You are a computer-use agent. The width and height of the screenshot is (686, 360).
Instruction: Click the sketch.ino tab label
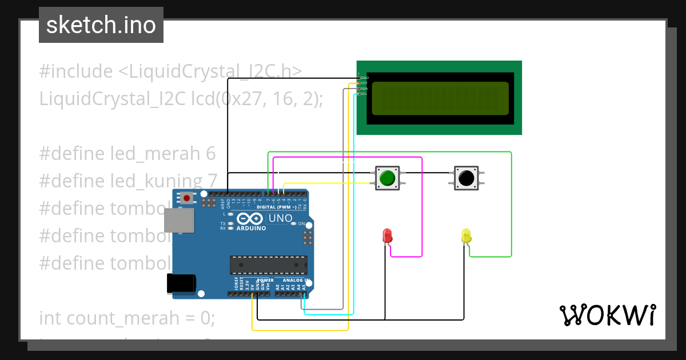(101, 25)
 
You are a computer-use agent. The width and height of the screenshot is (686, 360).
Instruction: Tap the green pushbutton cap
(387, 178)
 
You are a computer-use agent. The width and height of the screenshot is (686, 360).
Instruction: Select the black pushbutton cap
(466, 178)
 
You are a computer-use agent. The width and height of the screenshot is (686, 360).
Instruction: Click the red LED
(387, 235)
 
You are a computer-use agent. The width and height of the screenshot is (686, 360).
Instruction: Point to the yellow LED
(466, 235)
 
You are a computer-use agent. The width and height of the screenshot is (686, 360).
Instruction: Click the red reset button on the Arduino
(186, 198)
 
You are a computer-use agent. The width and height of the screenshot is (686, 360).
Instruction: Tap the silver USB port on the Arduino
(178, 220)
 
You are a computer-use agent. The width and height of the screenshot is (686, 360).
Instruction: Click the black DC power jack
(181, 283)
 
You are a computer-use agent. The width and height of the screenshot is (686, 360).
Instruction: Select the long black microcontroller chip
(268, 265)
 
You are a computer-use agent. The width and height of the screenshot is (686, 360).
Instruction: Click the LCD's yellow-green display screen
(440, 98)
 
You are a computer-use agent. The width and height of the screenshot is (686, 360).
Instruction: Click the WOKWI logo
(607, 315)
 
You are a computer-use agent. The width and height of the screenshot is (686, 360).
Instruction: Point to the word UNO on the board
(281, 218)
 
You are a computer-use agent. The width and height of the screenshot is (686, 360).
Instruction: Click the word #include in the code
(76, 72)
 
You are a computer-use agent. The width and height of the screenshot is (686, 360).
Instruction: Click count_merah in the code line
(123, 318)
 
